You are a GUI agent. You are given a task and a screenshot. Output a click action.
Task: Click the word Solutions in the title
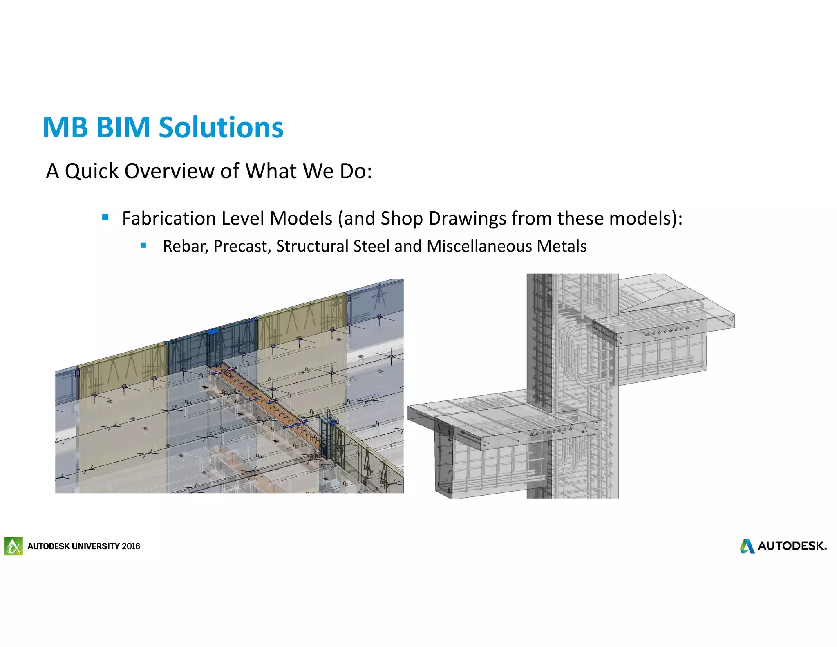pos(221,127)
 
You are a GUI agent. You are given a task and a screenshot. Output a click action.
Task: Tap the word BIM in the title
pos(123,127)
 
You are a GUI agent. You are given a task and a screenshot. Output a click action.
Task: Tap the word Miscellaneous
pos(479,246)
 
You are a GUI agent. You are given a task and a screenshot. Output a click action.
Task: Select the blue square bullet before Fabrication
pos(105,218)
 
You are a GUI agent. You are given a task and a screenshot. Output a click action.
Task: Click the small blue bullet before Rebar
pos(143,245)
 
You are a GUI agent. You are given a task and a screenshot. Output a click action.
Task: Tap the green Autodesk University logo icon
pos(13,546)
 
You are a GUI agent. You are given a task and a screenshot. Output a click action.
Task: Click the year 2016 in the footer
pos(131,546)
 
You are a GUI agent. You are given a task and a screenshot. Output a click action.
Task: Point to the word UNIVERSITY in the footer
pos(96,546)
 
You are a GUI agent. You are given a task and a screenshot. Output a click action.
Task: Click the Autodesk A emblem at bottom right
pos(747,546)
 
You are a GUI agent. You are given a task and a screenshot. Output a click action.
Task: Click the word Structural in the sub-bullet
pos(312,246)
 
